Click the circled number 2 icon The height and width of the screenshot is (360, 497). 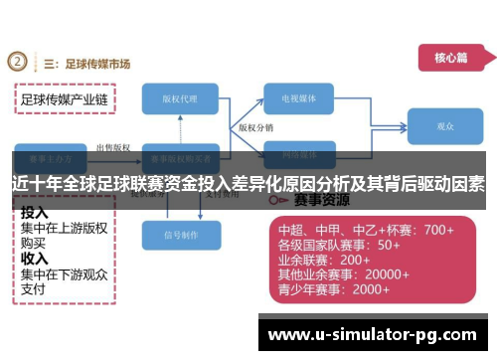19,63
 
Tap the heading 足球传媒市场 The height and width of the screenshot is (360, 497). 95,64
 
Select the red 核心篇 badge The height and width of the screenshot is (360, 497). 450,58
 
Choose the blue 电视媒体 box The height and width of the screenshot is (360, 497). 304,99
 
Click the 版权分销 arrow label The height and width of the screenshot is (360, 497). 255,128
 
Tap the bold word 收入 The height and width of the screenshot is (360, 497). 35,261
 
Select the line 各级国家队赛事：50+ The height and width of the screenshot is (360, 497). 339,245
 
